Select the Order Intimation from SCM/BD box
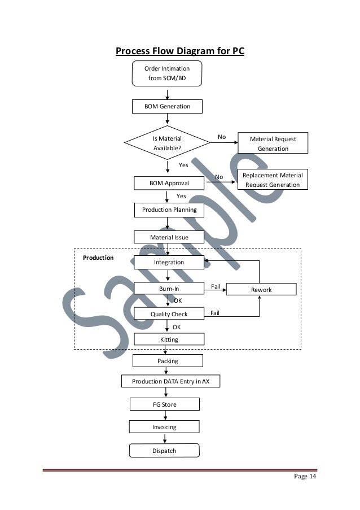click(167, 73)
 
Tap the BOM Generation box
click(166, 106)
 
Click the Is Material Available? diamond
click(167, 143)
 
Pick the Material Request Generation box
click(273, 143)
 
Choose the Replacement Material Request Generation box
click(273, 180)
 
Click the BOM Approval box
click(169, 184)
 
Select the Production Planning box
click(169, 210)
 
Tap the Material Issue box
click(169, 237)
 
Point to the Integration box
click(169, 263)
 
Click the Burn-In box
click(169, 290)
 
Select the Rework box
click(261, 290)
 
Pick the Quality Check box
click(169, 314)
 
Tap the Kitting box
click(169, 339)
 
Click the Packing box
click(168, 361)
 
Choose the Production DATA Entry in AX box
click(170, 382)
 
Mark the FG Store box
click(165, 405)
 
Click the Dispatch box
click(164, 451)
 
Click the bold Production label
click(98, 258)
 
